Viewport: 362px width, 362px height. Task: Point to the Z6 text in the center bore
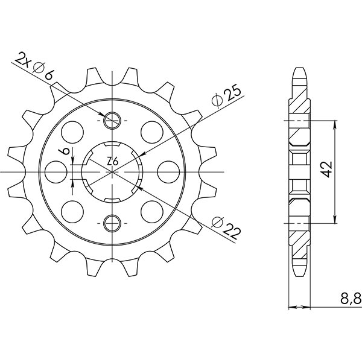click(112, 162)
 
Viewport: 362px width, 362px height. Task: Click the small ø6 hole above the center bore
click(112, 121)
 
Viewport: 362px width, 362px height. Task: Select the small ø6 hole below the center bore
click(112, 224)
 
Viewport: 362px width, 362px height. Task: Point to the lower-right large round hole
click(150, 211)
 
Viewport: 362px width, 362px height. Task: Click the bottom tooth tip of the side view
click(299, 277)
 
